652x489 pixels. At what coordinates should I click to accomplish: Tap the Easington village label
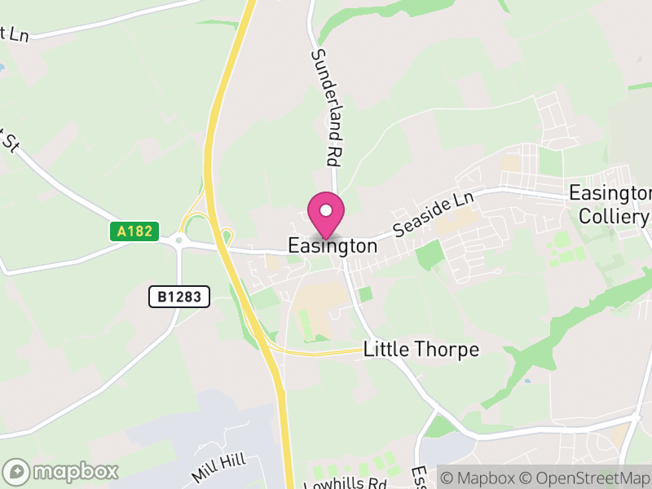[x=333, y=245]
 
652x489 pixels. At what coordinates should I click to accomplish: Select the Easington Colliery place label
[x=610, y=205]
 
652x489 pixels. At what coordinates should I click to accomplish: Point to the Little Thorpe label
[x=421, y=350]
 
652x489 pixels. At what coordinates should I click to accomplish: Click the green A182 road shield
[x=134, y=231]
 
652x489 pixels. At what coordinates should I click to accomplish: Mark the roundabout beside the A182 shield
[x=179, y=240]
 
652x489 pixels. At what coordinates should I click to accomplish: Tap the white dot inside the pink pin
[x=326, y=210]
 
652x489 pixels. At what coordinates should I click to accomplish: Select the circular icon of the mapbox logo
[x=17, y=471]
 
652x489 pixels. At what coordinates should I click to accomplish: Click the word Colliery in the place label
[x=613, y=216]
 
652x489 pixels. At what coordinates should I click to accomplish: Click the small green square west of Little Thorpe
[x=365, y=293]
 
